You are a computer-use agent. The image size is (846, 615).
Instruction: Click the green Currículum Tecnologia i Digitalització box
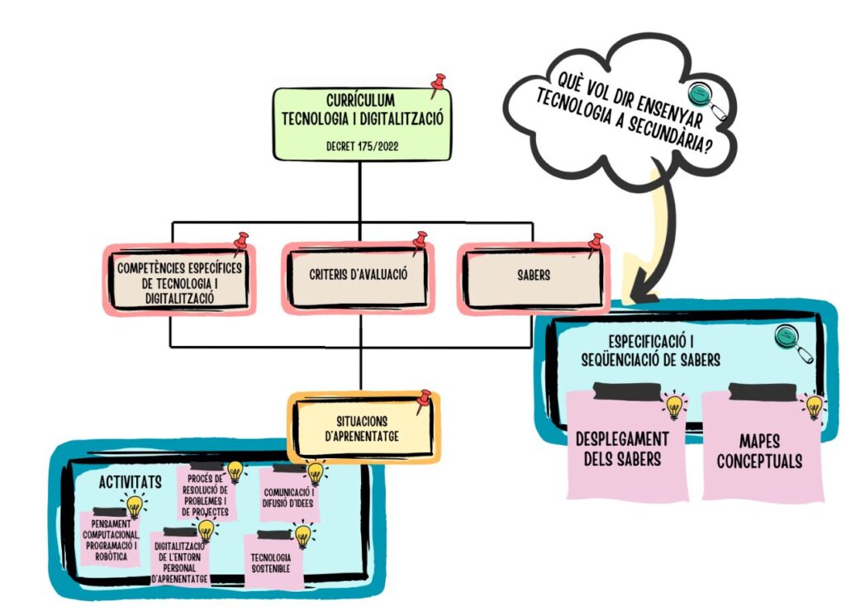click(x=362, y=124)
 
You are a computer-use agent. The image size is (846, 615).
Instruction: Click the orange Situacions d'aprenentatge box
click(x=362, y=428)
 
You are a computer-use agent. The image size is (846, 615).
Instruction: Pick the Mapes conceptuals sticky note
click(x=762, y=450)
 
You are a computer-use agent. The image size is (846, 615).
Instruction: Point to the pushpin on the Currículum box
click(x=438, y=83)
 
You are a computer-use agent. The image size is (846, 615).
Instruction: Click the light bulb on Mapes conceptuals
click(x=814, y=405)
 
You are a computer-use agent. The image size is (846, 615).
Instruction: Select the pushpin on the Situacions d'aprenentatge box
click(x=424, y=401)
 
